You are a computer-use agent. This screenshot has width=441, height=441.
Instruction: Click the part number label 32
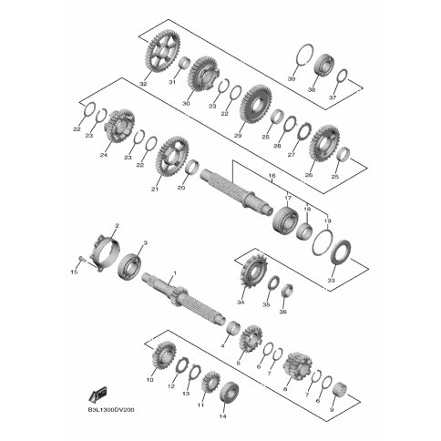point(143,83)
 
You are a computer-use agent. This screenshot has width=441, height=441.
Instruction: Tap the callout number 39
point(292,79)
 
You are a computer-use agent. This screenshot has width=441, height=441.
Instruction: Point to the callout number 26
point(308,175)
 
